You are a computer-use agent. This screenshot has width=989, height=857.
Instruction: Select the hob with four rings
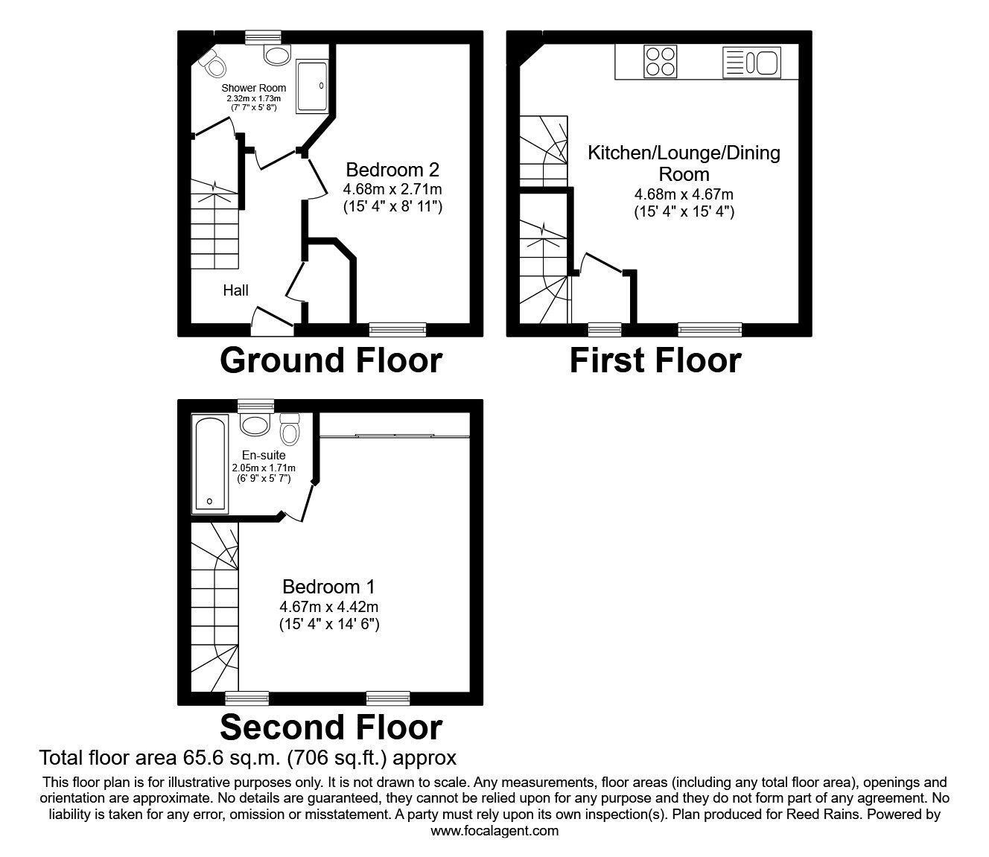pyautogui.click(x=661, y=61)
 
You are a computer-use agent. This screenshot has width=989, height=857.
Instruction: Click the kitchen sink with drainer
pyautogui.click(x=751, y=62)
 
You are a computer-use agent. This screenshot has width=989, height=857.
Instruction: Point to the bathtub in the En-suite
pyautogui.click(x=211, y=463)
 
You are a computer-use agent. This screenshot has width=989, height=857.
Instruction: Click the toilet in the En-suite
pyautogui.click(x=289, y=429)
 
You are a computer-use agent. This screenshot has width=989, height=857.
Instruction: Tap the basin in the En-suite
pyautogui.click(x=255, y=426)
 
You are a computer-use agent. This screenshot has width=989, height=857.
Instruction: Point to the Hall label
pyautogui.click(x=235, y=290)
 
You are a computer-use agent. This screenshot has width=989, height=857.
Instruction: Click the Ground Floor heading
pyautogui.click(x=331, y=360)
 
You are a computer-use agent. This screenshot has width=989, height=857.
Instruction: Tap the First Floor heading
pyautogui.click(x=655, y=360)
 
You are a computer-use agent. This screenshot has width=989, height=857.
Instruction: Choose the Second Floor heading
pyautogui.click(x=331, y=727)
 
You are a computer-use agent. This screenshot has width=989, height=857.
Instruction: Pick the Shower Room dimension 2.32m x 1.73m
pyautogui.click(x=253, y=98)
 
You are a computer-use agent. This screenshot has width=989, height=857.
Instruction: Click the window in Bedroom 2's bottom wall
pyautogui.click(x=398, y=328)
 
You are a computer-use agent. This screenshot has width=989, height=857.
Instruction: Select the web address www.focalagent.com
pyautogui.click(x=495, y=831)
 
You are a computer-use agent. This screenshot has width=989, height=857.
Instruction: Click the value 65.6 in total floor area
pyautogui.click(x=203, y=758)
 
